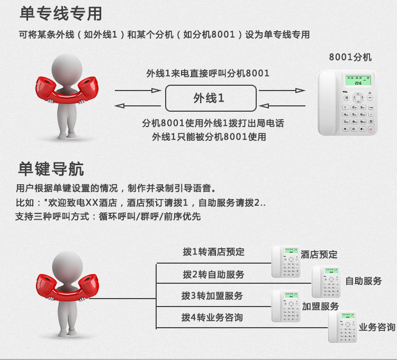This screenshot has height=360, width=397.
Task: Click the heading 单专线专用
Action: (x=61, y=14)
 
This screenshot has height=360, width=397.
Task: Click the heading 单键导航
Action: (x=51, y=168)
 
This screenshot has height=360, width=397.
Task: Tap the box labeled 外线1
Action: (x=211, y=98)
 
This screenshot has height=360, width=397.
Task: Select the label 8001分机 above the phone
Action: (x=350, y=57)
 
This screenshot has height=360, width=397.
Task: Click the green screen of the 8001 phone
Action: (x=358, y=80)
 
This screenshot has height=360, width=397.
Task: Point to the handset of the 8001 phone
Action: (x=327, y=103)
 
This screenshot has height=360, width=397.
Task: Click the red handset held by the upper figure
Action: (x=67, y=91)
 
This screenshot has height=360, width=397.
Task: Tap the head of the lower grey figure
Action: (x=67, y=266)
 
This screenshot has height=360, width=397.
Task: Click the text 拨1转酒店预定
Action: (x=213, y=252)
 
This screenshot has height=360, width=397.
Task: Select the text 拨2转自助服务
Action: (x=213, y=274)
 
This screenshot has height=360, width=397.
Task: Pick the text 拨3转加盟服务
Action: (x=212, y=296)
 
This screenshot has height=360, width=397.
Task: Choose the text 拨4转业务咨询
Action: (x=212, y=318)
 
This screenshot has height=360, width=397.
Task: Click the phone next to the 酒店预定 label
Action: (x=286, y=262)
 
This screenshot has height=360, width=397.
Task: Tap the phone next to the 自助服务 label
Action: (x=326, y=282)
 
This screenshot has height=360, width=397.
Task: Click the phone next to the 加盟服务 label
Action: (x=286, y=306)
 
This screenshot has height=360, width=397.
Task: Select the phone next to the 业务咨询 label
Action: (x=342, y=327)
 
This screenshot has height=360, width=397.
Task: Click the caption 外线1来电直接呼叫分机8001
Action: (x=207, y=74)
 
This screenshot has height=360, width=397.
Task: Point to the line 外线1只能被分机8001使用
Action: (x=209, y=137)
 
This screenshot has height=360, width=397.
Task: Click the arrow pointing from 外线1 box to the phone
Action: (x=282, y=91)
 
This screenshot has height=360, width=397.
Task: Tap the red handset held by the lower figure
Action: (x=67, y=288)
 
